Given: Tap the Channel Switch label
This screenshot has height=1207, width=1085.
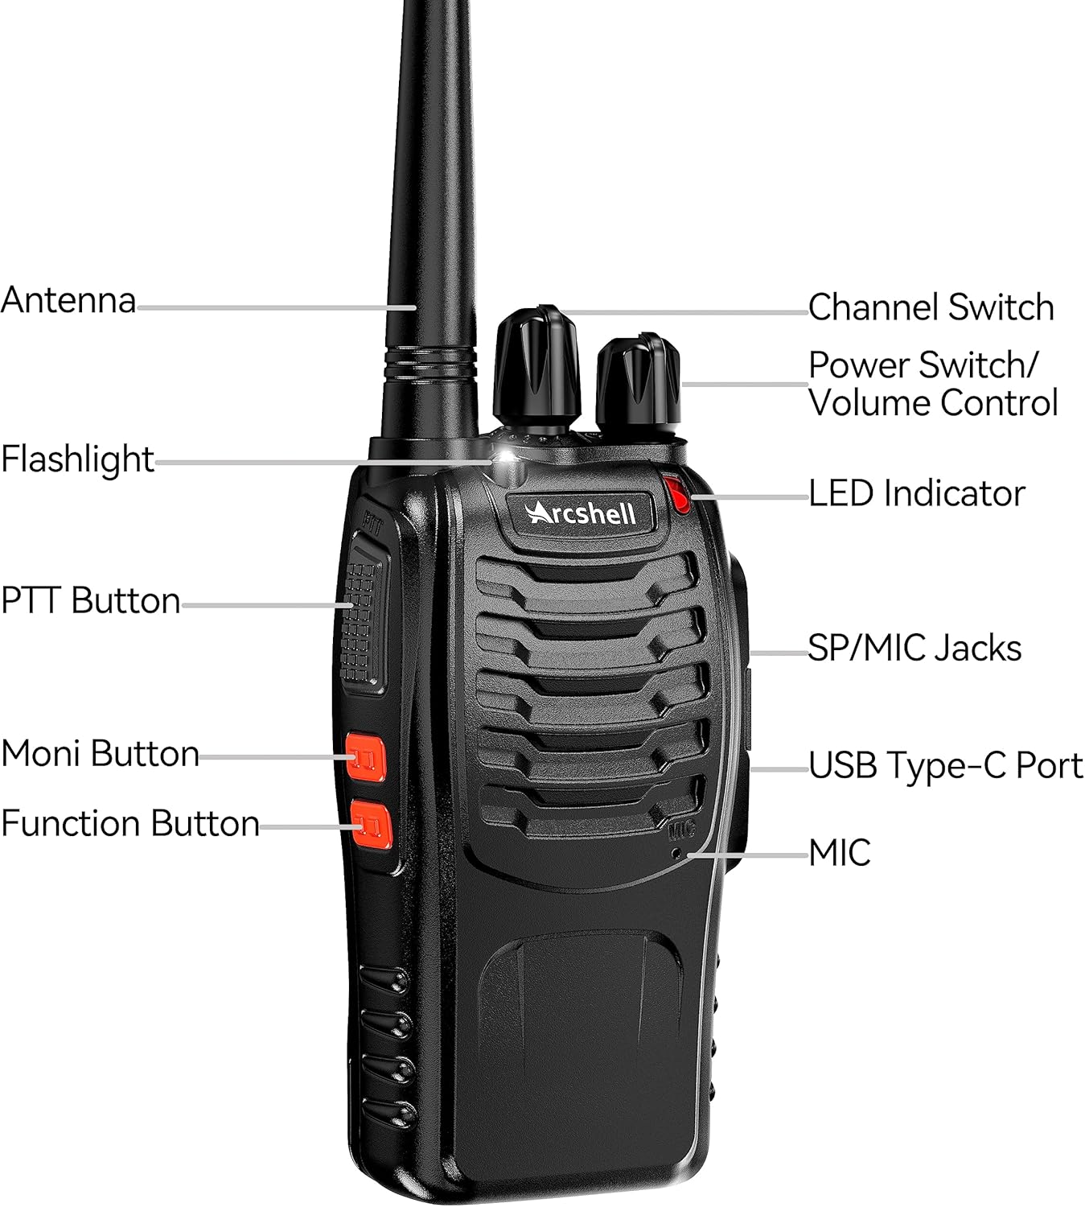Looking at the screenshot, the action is click(931, 307).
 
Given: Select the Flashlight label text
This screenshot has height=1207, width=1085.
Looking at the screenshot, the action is click(77, 459).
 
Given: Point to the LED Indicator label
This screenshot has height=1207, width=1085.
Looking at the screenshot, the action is click(917, 493).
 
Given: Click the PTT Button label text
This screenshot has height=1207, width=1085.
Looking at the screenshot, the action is click(91, 600).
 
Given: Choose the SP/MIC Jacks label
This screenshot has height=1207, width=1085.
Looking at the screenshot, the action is click(914, 648).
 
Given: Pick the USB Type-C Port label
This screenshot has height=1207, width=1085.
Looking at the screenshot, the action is click(946, 765).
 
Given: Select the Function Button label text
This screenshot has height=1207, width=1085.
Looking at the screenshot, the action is click(130, 823).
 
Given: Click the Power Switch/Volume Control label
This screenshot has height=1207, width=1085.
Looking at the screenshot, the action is click(933, 384).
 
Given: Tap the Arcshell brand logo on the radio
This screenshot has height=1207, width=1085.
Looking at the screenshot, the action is click(581, 513).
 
